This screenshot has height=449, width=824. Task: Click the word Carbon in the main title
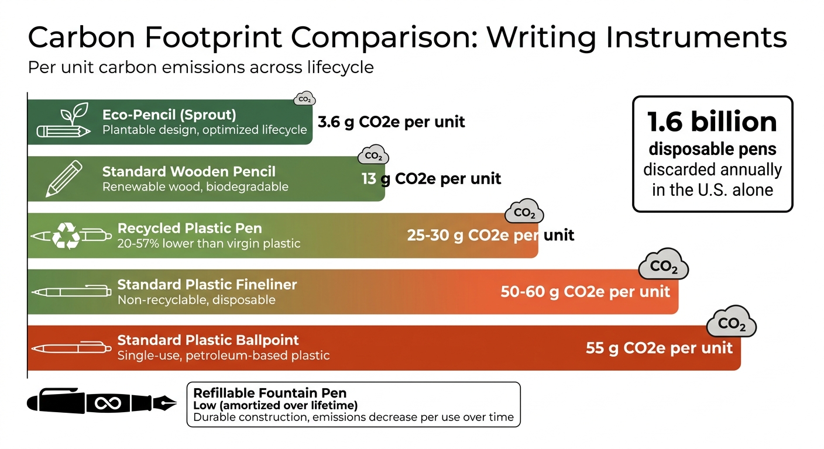pos(73,38)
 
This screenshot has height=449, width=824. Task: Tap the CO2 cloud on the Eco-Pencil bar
pos(304,99)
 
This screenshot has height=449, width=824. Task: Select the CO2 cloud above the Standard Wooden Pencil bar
pos(373,156)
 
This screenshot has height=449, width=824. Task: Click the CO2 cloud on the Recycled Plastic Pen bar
pos(524,213)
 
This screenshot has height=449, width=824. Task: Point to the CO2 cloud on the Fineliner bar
pos(663,267)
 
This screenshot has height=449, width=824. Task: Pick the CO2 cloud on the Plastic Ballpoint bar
pos(732,323)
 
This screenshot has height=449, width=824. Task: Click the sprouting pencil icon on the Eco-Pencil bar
pos(64,121)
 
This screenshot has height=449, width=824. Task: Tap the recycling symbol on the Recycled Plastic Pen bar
pos(66,236)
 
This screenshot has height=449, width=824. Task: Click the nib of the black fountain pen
pos(165,402)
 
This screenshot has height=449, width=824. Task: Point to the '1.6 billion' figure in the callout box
pos(712,122)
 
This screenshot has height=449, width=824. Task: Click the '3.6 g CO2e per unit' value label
pos(391,122)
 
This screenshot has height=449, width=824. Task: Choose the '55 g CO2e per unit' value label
pos(659,348)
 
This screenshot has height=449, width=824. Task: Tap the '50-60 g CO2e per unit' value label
pos(585,291)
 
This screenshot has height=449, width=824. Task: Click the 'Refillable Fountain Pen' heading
pos(270,393)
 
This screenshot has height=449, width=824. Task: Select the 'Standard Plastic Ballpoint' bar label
pos(208,340)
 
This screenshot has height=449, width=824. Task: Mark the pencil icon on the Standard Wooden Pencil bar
pos(64,178)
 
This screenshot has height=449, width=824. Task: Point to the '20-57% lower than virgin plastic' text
pos(209,243)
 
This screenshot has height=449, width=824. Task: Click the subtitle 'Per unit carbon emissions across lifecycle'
pos(201,67)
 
